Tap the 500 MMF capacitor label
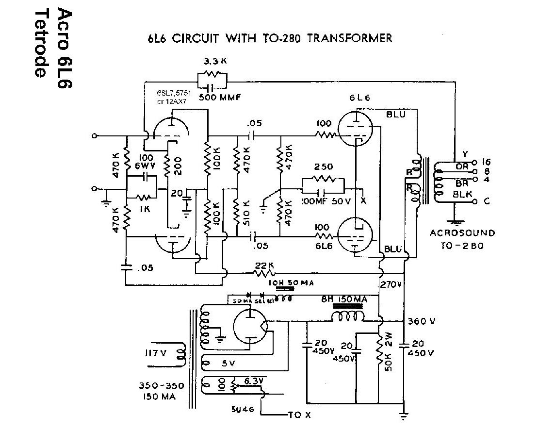[x=221, y=98]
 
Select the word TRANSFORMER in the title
[x=350, y=38]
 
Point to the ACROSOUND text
[x=462, y=233]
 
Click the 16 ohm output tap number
[x=487, y=162]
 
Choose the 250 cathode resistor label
[x=324, y=166]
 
